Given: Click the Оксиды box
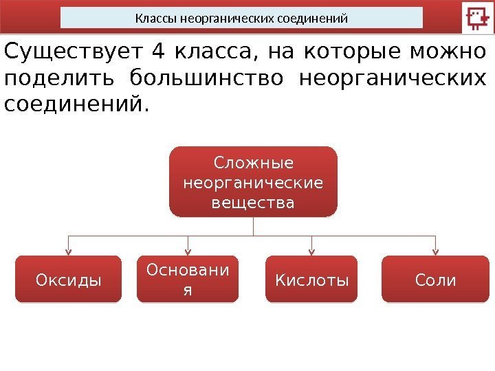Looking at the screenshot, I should coord(68,280).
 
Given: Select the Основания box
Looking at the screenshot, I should coord(188,280).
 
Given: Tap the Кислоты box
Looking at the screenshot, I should coord(312,280).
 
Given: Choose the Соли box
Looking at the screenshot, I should coord(435,280).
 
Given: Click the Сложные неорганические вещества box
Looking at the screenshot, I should coord(253,182).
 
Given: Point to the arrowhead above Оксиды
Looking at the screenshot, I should coord(67,251).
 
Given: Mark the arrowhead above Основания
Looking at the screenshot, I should coord(188,251).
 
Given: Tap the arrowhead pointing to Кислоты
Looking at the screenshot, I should coord(312,251).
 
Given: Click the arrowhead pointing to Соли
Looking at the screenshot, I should coord(436,251).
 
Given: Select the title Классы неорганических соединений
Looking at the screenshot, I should coord(241,18).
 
